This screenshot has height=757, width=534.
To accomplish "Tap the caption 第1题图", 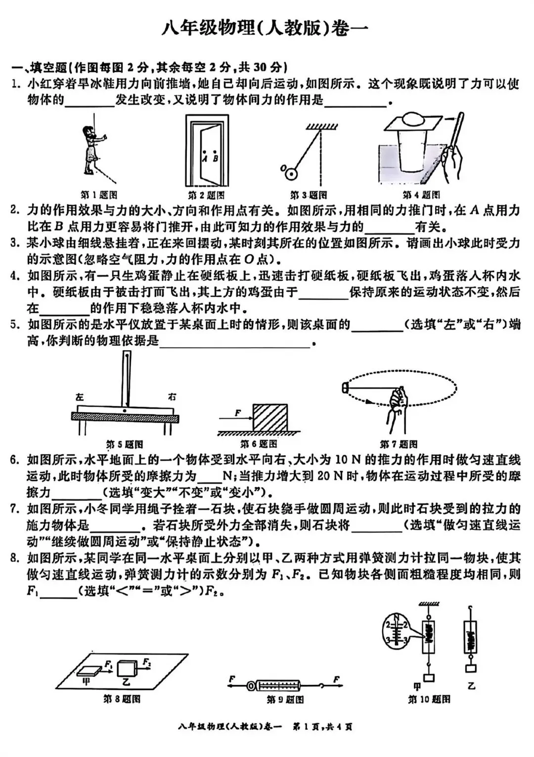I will (x=99, y=195).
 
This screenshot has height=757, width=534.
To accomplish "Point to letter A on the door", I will (x=204, y=158).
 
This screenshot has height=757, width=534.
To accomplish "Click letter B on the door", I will (x=215, y=158).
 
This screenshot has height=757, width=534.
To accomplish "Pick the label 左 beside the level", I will (x=80, y=396).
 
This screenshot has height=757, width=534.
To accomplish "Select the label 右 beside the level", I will (x=172, y=396).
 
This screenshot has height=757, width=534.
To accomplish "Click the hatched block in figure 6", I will (x=270, y=418).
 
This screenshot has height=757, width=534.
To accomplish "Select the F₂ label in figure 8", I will (x=147, y=662).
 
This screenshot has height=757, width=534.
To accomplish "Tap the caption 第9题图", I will (x=285, y=700).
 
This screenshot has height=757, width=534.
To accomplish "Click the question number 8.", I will (x=15, y=559).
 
